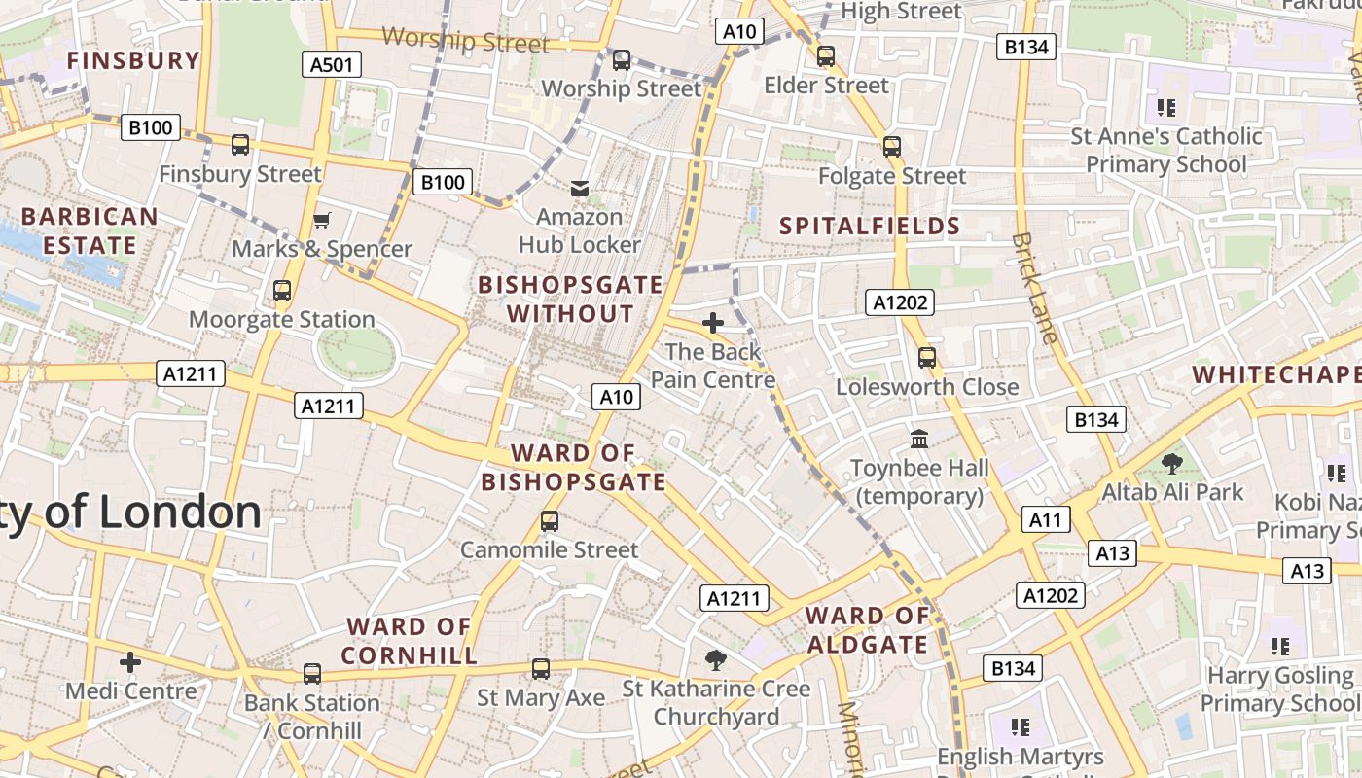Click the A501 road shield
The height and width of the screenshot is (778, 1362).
point(331,65)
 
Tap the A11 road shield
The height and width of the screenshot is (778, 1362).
point(1045,520)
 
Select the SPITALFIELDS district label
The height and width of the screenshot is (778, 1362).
point(870,227)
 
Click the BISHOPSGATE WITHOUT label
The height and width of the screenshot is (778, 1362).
point(570,300)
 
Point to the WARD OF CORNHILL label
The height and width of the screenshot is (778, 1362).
point(410,641)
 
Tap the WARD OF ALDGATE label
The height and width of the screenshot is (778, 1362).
point(867,630)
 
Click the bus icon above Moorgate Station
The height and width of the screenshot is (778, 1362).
point(282,291)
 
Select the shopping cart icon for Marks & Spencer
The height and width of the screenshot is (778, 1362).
point(322,221)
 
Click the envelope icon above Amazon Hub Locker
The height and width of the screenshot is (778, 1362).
point(580,188)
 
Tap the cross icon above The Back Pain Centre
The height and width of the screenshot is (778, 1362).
point(713,323)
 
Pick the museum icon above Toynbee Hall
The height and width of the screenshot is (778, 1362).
point(919,440)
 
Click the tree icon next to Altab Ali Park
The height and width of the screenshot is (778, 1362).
point(1171,464)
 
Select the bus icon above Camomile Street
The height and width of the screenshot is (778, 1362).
point(550,521)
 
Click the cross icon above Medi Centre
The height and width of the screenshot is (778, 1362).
point(130,663)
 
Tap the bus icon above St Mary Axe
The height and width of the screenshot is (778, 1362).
point(541,669)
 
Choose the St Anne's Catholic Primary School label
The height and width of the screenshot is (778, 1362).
point(1165,150)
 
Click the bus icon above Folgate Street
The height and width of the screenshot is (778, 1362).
point(892,148)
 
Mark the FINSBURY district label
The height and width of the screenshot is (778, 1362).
point(133,60)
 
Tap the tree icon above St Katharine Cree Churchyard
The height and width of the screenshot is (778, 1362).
point(716,660)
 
